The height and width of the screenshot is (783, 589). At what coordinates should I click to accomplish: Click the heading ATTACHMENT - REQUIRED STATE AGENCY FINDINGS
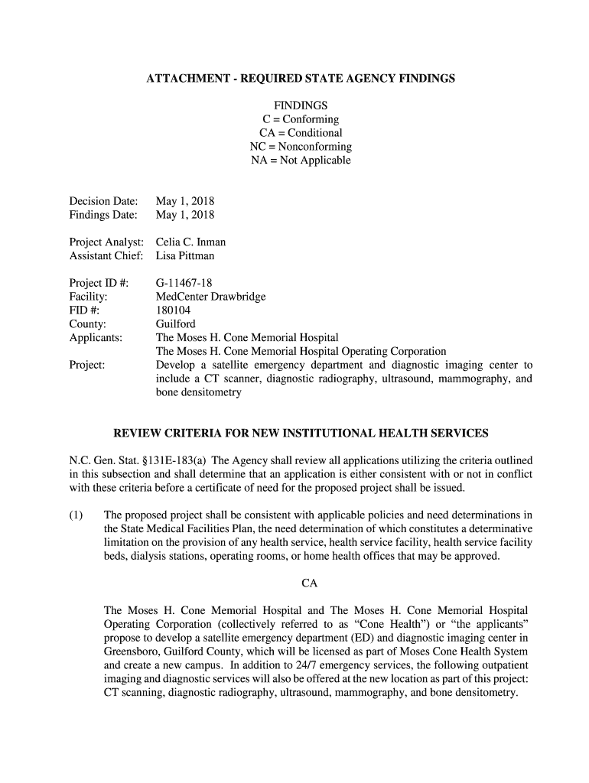301,79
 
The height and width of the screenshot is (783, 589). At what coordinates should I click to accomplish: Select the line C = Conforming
301,119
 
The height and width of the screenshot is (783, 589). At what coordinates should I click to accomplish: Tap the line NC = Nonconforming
301,147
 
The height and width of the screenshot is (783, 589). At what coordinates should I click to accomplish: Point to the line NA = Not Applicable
301,161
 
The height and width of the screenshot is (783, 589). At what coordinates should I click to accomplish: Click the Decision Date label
104,202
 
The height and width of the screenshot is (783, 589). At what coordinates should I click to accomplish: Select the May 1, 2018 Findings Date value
185,216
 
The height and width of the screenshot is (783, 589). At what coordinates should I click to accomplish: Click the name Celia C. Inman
191,242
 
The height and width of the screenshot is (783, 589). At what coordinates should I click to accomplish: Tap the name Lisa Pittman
185,256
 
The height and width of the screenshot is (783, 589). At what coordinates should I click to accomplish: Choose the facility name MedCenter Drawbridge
211,297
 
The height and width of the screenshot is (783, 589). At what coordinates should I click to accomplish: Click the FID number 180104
174,310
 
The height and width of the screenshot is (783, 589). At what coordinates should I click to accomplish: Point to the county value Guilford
176,324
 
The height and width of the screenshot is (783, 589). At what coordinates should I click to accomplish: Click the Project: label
87,366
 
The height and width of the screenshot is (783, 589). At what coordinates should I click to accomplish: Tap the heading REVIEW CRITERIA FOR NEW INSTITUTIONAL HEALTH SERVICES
301,434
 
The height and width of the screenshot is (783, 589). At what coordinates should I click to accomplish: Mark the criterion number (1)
77,515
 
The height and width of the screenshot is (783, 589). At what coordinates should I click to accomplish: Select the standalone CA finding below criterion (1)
309,583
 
